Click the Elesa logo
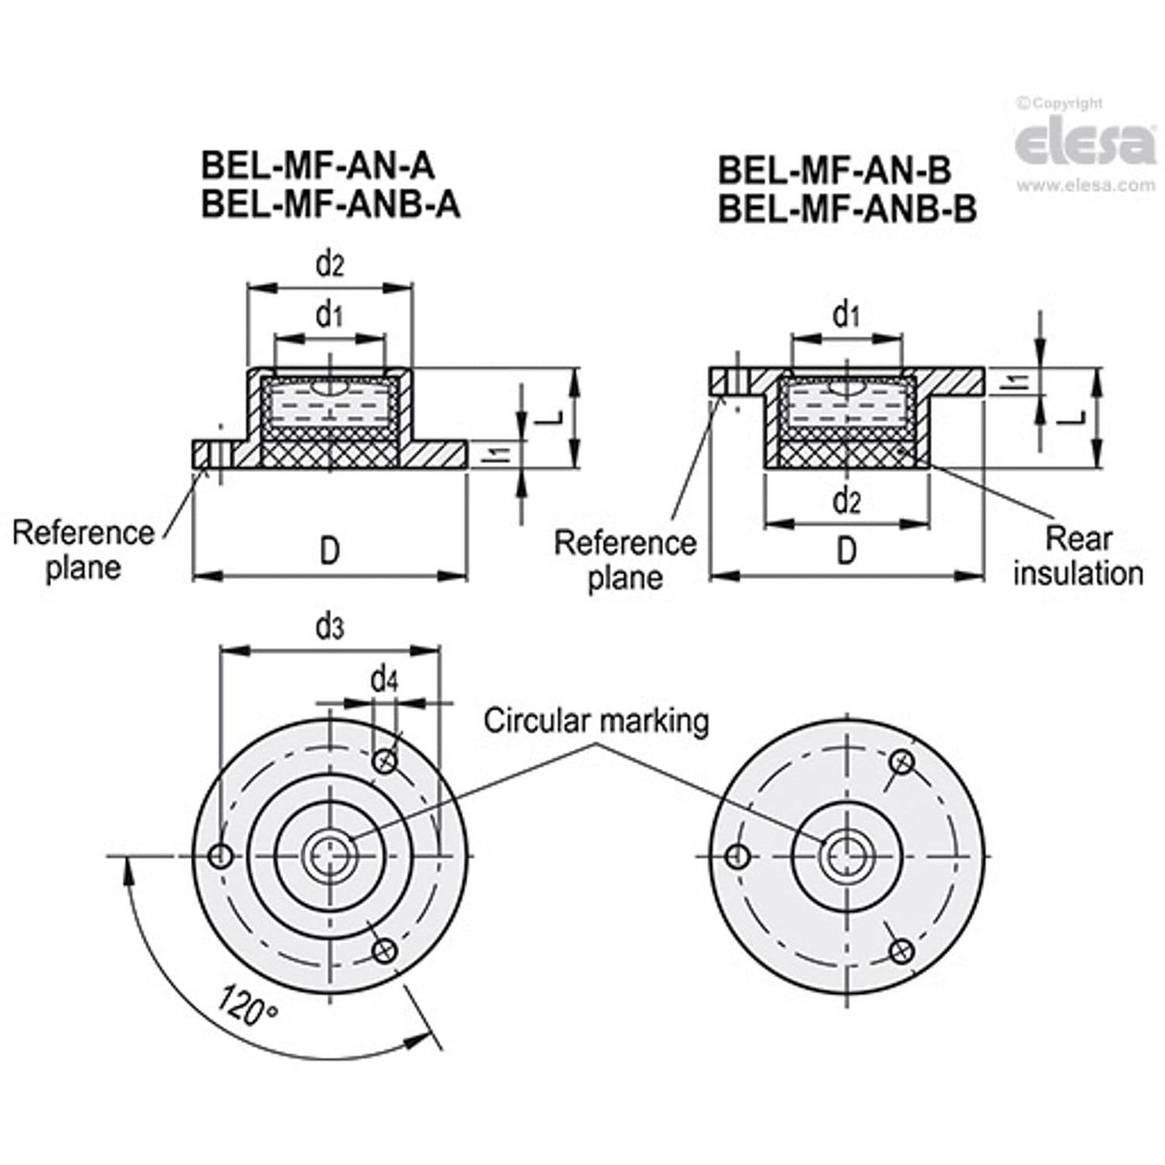coord(1084,144)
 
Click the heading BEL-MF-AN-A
coord(317,166)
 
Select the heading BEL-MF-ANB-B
coord(847,208)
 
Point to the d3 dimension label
coord(329,628)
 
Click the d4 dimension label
coord(385,680)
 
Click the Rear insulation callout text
coord(1078,557)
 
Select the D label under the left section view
coord(329,552)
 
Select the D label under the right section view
coord(846,552)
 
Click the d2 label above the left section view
coord(329,263)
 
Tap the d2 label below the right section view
coord(846,500)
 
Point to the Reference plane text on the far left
coord(83,549)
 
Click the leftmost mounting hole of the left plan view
coord(221,855)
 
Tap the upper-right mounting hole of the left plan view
coord(386,761)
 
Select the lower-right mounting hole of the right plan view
coord(900,950)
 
